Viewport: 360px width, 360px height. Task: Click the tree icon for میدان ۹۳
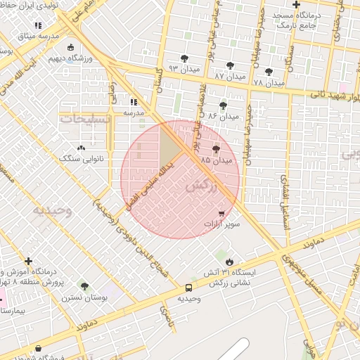coord(184,59)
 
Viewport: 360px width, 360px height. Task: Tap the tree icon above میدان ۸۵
coord(216,149)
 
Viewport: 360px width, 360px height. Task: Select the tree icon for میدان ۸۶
coord(223,105)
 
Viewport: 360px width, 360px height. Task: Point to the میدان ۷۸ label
coord(269,83)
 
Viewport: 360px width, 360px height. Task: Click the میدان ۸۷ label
coord(231,75)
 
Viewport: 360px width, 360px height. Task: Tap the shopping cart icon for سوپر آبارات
coord(222,213)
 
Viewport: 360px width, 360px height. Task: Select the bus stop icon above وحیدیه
coord(188,288)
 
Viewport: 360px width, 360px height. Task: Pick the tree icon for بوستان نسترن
coord(85,286)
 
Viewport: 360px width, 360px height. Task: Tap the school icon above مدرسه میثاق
coord(38,25)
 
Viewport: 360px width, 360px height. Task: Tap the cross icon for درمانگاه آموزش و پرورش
coord(28,261)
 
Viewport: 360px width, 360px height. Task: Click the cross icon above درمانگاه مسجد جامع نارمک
coord(297,6)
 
